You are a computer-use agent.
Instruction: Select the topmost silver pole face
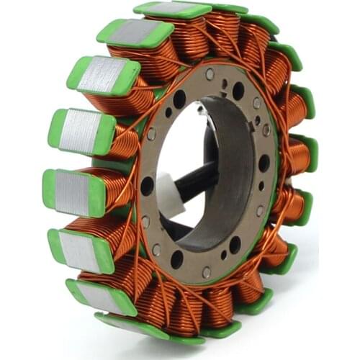pyautogui.click(x=171, y=9)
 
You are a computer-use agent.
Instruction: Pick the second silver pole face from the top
pyautogui.click(x=136, y=32)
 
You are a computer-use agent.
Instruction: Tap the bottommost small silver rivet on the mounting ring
pyautogui.click(x=207, y=271)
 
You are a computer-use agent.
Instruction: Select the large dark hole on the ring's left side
pyautogui.click(x=147, y=186)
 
